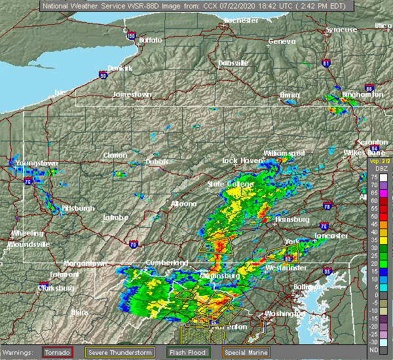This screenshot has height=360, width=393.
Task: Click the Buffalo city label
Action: click(x=150, y=41)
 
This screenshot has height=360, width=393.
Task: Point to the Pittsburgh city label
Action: click(x=78, y=208)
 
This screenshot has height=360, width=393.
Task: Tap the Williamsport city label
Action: click(x=284, y=153)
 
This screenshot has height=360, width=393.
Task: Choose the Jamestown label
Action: click(x=132, y=94)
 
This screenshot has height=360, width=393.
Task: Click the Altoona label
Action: click(x=183, y=204)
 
